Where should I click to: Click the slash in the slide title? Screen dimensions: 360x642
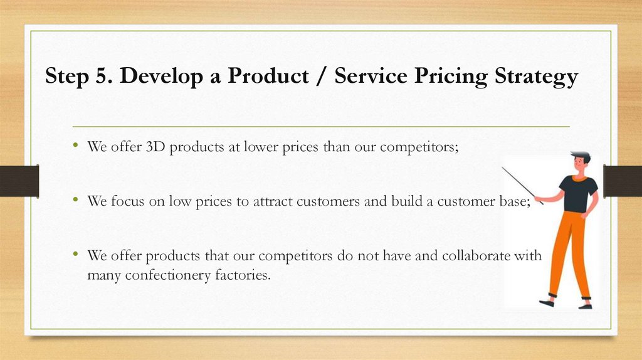point(321,77)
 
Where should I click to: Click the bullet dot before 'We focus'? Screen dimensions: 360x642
point(75,201)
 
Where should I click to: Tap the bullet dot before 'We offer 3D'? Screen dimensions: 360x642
point(75,146)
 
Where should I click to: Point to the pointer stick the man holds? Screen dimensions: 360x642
point(522,185)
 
